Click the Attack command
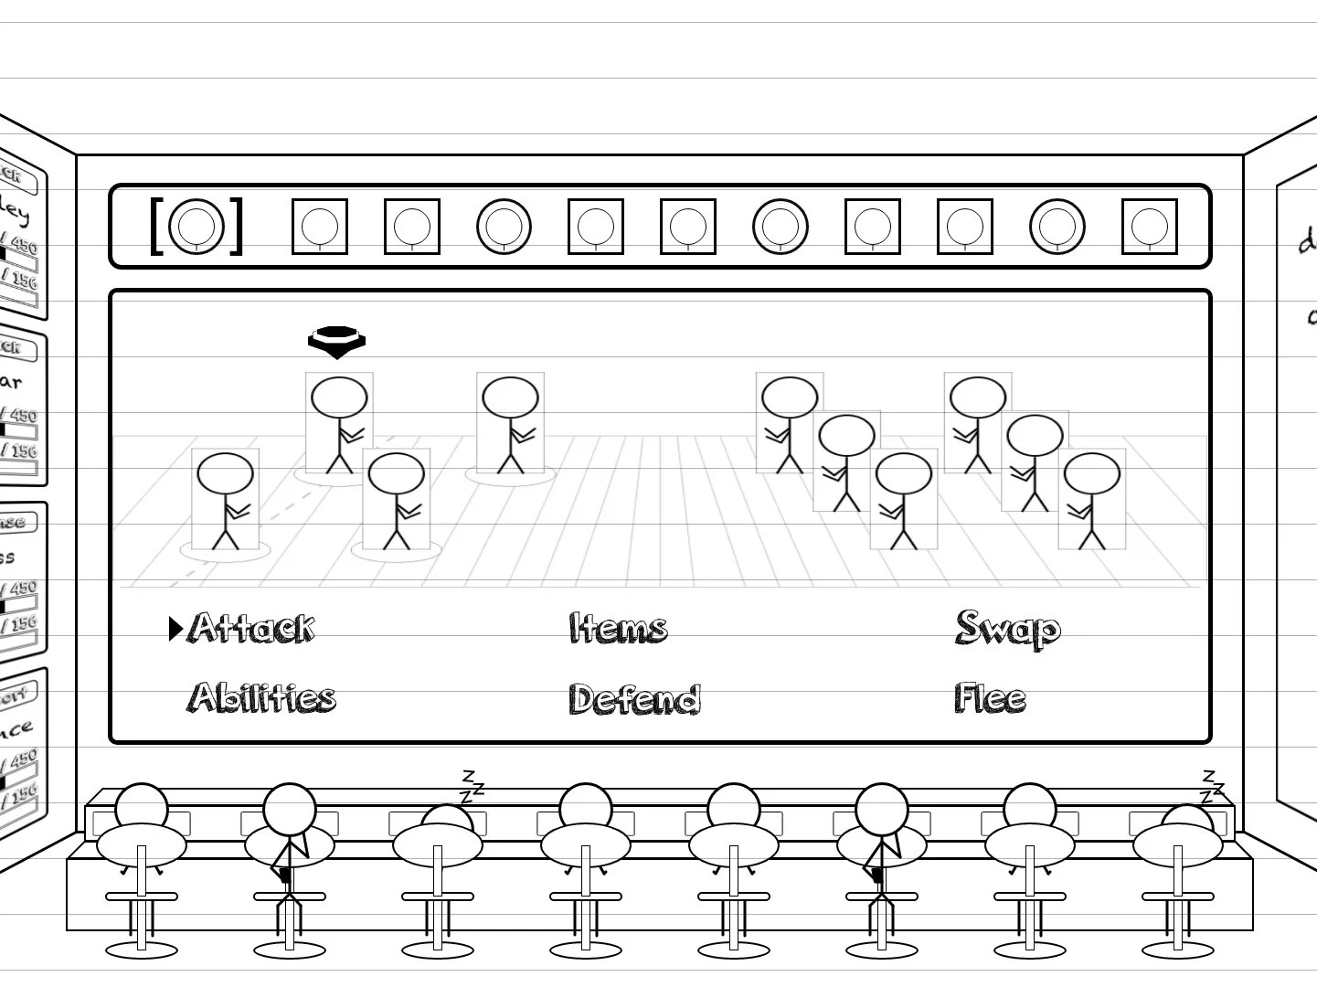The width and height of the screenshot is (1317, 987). [251, 629]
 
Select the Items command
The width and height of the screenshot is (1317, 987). [618, 629]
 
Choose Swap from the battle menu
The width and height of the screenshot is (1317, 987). [1007, 629]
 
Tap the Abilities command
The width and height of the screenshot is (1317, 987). [262, 697]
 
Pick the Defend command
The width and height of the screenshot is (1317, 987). [634, 699]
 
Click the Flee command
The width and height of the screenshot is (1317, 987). [990, 698]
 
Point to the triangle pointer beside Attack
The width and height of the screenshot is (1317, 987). [175, 629]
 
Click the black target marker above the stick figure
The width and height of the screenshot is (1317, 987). [336, 341]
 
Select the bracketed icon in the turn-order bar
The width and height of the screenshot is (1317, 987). [196, 226]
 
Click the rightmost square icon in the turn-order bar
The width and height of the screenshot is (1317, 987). [1149, 226]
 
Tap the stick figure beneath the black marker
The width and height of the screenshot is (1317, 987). [339, 425]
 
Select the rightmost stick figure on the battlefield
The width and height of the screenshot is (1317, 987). [1091, 501]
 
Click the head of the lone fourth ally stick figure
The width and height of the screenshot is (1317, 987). [510, 399]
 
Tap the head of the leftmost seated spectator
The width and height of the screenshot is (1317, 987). [142, 805]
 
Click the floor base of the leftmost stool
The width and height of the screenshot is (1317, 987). [142, 950]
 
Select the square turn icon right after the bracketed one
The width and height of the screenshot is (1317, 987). [320, 226]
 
